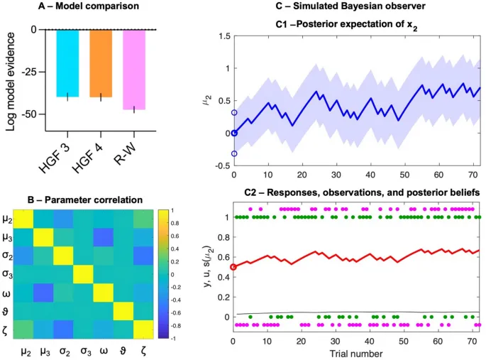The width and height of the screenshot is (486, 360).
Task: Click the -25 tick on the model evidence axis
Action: [28, 72]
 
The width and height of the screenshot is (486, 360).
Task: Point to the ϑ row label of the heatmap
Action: [8, 312]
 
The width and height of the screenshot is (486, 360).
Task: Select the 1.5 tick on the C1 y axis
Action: [223, 36]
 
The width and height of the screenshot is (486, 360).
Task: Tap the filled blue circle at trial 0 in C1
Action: [234, 133]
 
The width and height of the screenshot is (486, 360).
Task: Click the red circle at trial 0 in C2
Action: [234, 266]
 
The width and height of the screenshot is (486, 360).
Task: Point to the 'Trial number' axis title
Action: [357, 353]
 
